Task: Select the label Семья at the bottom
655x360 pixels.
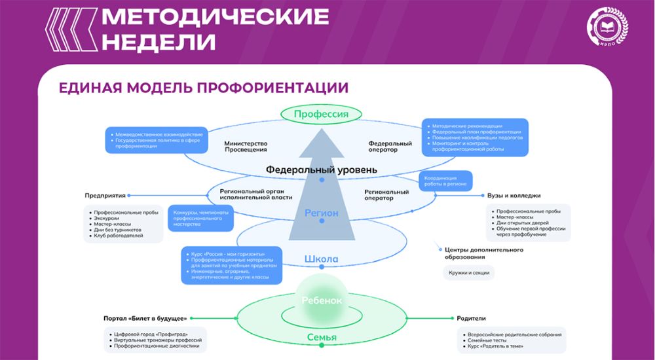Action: tap(321, 338)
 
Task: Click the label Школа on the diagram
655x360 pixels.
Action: tap(321, 259)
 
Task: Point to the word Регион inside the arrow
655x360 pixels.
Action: tap(321, 213)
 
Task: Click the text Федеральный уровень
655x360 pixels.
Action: tap(321, 170)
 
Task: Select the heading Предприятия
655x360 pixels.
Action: tap(105, 195)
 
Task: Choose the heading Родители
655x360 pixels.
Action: tap(471, 318)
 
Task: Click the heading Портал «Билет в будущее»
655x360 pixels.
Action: tap(145, 318)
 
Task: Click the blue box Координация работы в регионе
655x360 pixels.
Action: tap(445, 181)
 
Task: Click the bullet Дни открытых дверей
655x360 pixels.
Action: tap(523, 223)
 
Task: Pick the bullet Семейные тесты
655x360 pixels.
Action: tap(486, 341)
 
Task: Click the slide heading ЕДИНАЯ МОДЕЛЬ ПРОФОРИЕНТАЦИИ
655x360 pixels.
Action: tap(203, 88)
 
